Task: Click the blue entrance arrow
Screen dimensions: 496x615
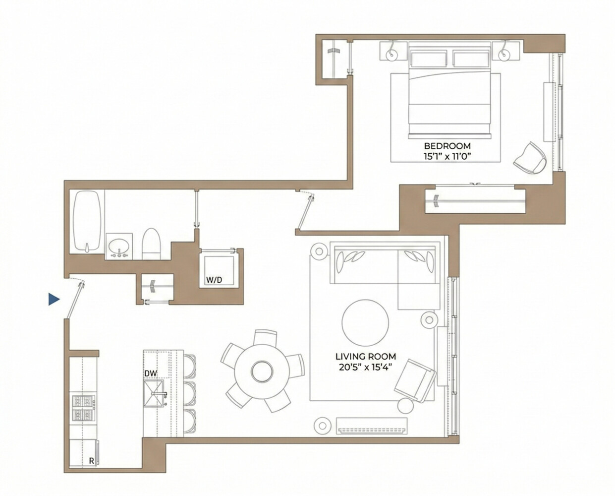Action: pyautogui.click(x=54, y=300)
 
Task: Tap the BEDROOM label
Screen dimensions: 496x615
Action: pyautogui.click(x=447, y=146)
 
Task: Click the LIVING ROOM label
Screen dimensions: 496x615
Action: pyautogui.click(x=366, y=356)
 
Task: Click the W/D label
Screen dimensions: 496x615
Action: pyautogui.click(x=214, y=280)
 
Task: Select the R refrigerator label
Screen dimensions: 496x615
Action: pyautogui.click(x=91, y=461)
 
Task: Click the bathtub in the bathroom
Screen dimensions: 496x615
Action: pyautogui.click(x=87, y=222)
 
